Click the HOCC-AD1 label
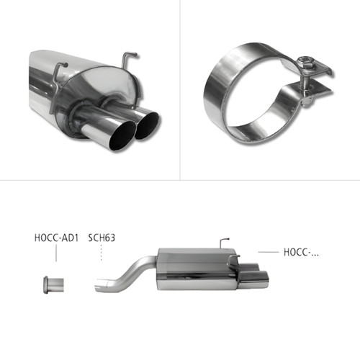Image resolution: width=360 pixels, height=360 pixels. [56, 238]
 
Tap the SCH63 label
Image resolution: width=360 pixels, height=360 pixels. [102, 238]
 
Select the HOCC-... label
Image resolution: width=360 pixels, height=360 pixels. [301, 252]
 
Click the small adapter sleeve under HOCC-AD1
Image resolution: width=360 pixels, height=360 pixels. [54, 285]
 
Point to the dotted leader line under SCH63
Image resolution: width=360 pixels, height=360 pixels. [102, 253]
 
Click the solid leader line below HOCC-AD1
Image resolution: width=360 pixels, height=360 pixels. [56, 253]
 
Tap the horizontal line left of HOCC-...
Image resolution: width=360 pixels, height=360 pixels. [269, 252]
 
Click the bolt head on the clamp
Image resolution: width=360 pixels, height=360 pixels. [306, 62]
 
